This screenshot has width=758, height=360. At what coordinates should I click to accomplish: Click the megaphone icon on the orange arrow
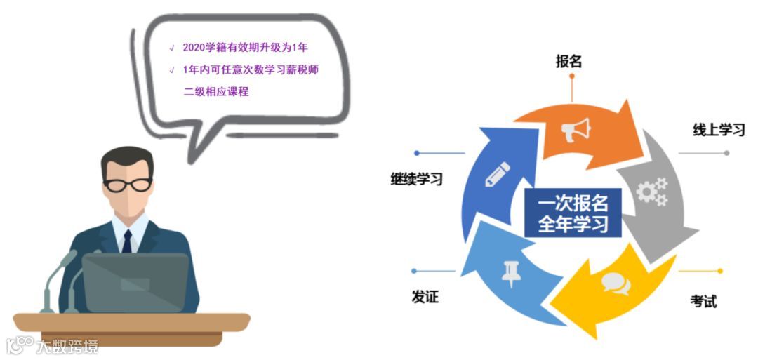pyautogui.click(x=576, y=129)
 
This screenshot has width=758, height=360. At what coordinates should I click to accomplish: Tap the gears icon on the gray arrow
pyautogui.click(x=652, y=192)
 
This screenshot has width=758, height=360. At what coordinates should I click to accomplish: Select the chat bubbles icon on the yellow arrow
pyautogui.click(x=616, y=283)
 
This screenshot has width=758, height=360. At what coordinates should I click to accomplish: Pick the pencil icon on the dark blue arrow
pyautogui.click(x=497, y=174)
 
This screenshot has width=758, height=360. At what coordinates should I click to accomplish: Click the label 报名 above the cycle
pyautogui.click(x=568, y=61)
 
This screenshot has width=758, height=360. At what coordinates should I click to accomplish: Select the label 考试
pyautogui.click(x=703, y=301)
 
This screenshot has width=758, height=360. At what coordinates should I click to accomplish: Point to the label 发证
pyautogui.click(x=425, y=297)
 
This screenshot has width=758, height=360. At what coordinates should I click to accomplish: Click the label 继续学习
pyautogui.click(x=417, y=179)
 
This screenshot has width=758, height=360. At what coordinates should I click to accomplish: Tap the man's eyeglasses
pyautogui.click(x=128, y=185)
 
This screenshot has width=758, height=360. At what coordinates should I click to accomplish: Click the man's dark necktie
pyautogui.click(x=127, y=241)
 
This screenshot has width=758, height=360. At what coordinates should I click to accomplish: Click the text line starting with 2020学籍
pyautogui.click(x=245, y=48)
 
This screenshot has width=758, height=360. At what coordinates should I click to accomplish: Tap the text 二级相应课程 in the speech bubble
pyautogui.click(x=216, y=91)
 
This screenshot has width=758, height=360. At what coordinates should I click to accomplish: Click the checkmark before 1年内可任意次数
pyautogui.click(x=172, y=70)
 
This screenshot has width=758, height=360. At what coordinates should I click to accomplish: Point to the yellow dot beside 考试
pyautogui.click(x=719, y=271)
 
